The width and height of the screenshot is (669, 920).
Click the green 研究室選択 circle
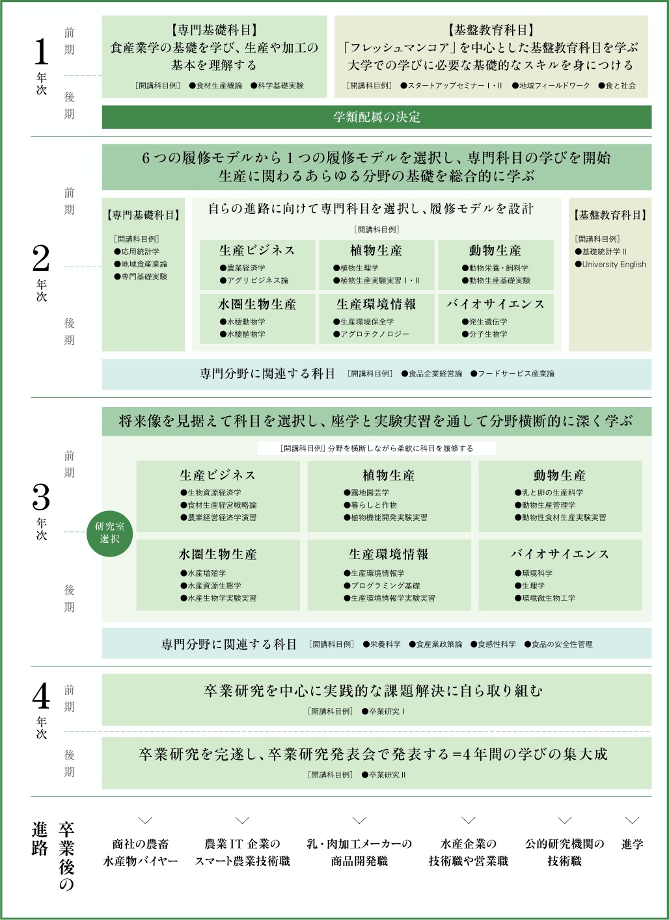point(109,532)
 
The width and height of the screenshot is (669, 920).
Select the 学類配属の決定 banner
point(377,117)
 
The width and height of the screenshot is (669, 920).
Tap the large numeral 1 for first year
point(41,52)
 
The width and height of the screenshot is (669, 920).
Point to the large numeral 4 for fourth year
point(41,696)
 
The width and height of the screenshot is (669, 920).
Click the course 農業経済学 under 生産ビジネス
point(243,268)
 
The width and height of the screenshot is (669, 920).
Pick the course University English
point(610,265)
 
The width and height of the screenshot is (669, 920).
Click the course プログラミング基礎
point(382,586)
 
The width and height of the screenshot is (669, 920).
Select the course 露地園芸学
point(366,492)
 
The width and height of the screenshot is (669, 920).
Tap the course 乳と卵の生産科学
point(549,492)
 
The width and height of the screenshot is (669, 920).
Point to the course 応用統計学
point(137,252)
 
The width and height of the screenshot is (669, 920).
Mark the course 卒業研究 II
point(384,774)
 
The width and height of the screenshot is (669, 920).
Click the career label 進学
point(633,844)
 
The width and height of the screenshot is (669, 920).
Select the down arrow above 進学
point(632,820)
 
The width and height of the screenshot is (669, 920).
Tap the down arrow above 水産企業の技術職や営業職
point(469,820)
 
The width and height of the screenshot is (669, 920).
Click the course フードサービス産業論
point(512,373)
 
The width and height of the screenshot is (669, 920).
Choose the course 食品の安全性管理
point(558,644)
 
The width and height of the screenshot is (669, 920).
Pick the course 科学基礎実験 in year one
point(277,85)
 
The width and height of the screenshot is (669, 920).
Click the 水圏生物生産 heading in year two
point(257,304)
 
